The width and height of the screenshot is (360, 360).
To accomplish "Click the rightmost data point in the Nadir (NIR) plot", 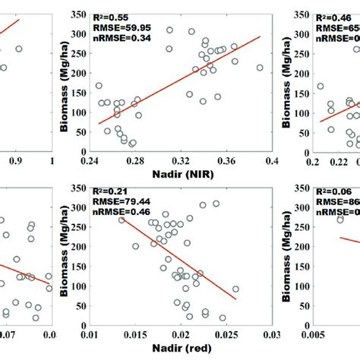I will coord(260,68).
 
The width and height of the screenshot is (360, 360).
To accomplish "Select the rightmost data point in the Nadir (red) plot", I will coord(235,289).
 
